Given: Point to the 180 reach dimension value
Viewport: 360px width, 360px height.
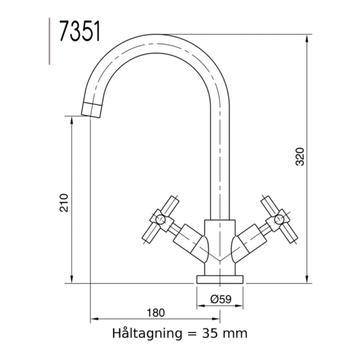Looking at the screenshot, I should click(155, 313).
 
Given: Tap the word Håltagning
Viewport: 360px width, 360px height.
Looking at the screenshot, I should click(142, 332).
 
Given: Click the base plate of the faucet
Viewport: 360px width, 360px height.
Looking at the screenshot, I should click(220, 278).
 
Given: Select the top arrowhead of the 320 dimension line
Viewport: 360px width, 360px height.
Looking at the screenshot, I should click(308, 37).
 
